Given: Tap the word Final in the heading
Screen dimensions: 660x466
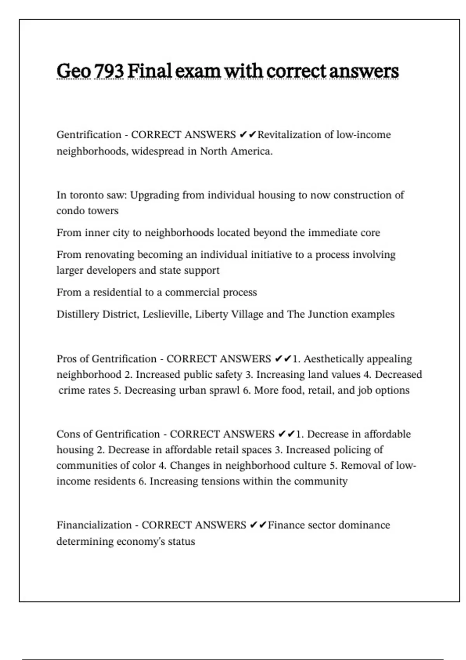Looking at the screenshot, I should click(150, 71).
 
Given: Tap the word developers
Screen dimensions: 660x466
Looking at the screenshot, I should click(111, 270).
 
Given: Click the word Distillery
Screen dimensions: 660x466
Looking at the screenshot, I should click(78, 314).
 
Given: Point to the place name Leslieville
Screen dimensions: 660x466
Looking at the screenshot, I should click(167, 314).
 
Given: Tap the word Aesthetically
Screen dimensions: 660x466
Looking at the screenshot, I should click(333, 359).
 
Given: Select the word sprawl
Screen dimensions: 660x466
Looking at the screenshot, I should click(224, 390).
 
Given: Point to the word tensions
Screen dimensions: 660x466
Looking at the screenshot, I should click(217, 481).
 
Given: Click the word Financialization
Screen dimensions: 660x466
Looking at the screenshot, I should click(94, 525).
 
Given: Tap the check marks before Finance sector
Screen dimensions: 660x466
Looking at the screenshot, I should click(258, 525).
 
